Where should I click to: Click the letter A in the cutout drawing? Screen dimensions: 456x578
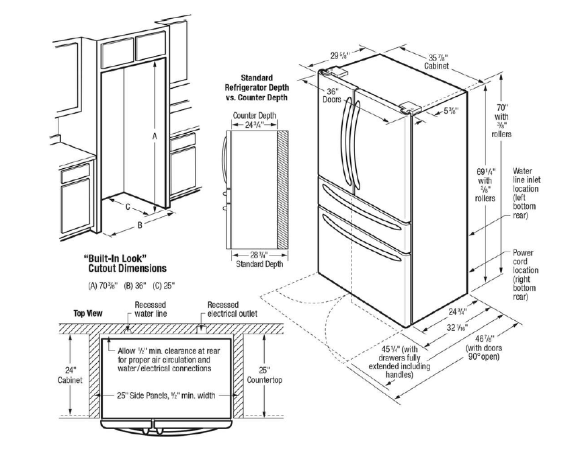click(154, 136)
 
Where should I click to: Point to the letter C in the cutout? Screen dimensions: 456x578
click(127, 207)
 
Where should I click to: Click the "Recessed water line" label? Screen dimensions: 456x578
click(151, 309)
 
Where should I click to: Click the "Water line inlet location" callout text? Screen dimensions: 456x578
click(526, 193)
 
